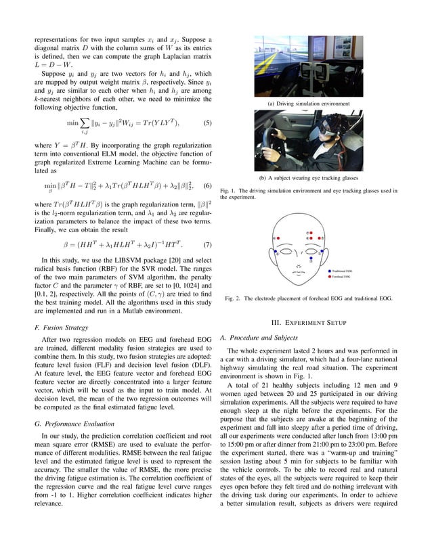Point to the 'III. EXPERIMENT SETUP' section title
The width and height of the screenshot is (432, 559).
[308, 322]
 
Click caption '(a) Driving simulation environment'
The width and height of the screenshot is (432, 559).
[308, 104]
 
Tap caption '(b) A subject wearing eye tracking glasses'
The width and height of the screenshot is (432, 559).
[308, 178]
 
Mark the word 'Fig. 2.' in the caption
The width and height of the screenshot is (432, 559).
[234, 298]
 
